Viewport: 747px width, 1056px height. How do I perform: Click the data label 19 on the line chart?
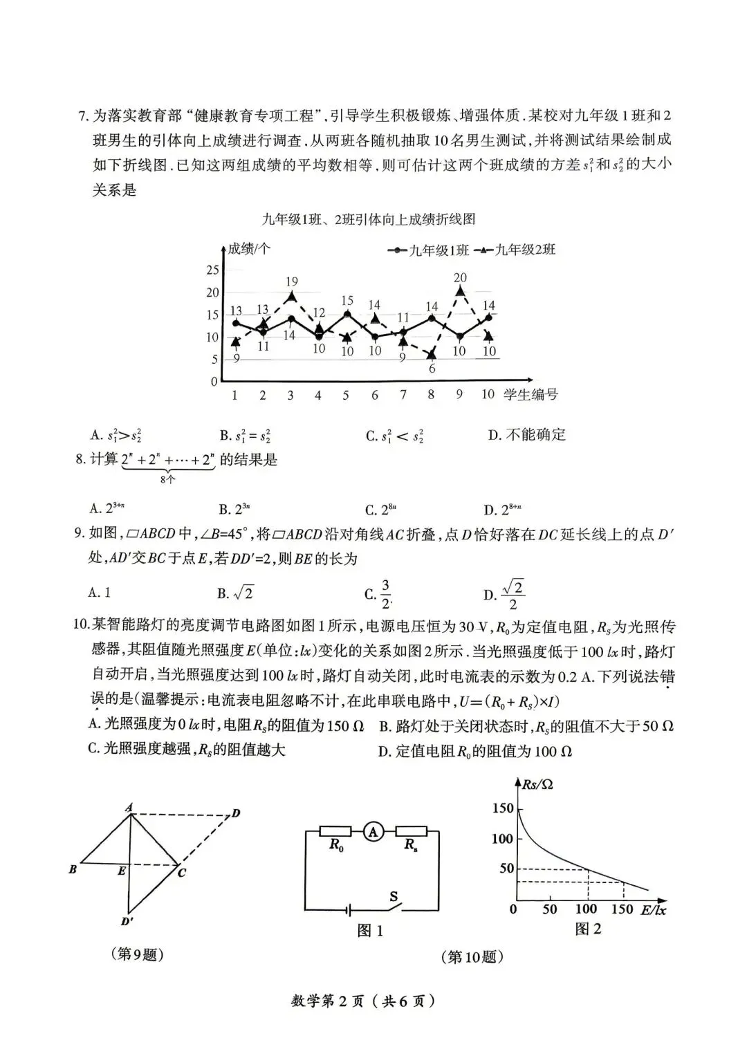coord(291,281)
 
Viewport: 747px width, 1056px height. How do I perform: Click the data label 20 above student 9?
coord(460,277)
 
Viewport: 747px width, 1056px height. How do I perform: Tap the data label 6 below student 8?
coord(432,369)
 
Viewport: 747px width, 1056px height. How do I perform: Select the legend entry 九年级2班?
coord(518,250)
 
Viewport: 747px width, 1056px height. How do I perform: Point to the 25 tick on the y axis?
coord(212,270)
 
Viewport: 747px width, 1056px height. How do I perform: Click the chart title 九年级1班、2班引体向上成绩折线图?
coord(369,220)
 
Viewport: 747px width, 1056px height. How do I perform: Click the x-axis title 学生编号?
coord(531,395)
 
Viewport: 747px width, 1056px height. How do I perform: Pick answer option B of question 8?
coord(234,510)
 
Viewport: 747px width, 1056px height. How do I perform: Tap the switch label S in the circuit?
coord(394,897)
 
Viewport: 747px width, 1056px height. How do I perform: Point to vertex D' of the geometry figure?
coord(127,920)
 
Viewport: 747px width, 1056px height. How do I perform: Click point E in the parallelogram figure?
coord(122,871)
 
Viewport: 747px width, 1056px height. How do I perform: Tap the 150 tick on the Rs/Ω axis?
coord(503,808)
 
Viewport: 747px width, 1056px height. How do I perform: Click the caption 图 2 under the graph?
coord(588,929)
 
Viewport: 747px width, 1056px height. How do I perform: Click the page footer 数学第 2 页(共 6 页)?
coord(364,1001)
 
